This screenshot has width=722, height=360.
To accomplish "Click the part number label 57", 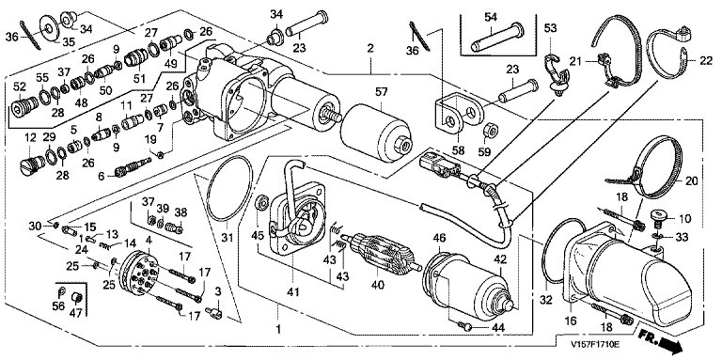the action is tap(382, 93).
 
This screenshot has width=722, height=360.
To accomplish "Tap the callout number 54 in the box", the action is tap(492, 18).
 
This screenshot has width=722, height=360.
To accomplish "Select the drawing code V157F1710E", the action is tap(595, 344).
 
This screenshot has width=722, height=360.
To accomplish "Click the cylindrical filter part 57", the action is tap(375, 134).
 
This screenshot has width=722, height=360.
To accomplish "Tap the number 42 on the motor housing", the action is tap(500, 259).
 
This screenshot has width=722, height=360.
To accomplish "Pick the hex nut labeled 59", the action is tap(492, 133).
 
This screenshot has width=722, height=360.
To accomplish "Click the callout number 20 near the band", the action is tap(692, 181).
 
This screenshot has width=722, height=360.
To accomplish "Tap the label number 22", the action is tap(706, 62).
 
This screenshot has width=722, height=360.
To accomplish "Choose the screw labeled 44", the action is tap(466, 326).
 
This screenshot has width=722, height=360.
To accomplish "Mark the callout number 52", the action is tap(20, 86).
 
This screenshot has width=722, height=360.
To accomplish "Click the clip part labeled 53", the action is tap(557, 74).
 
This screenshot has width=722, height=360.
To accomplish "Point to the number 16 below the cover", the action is tap(571, 321).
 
